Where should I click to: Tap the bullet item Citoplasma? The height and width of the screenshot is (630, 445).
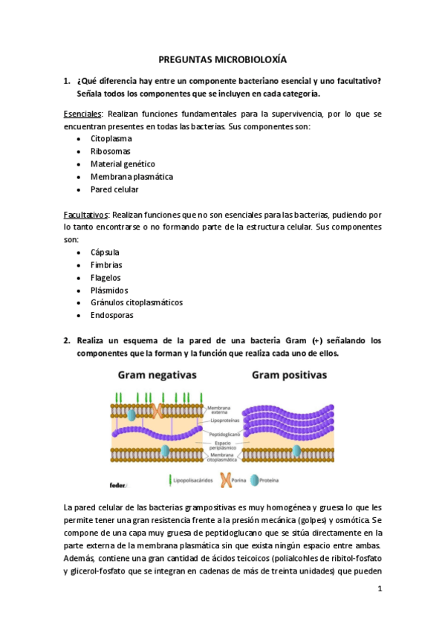111,139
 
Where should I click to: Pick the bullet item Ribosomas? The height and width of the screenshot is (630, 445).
111,152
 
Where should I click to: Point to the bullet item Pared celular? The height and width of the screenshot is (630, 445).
114,189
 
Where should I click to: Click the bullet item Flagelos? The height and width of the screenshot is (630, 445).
105,278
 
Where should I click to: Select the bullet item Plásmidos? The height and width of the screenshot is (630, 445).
109,290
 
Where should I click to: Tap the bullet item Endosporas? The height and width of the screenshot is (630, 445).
111,316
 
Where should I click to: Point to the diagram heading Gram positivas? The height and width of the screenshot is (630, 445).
289,375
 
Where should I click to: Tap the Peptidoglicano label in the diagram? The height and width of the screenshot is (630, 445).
223,432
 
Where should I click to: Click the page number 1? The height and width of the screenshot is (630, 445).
379,589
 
